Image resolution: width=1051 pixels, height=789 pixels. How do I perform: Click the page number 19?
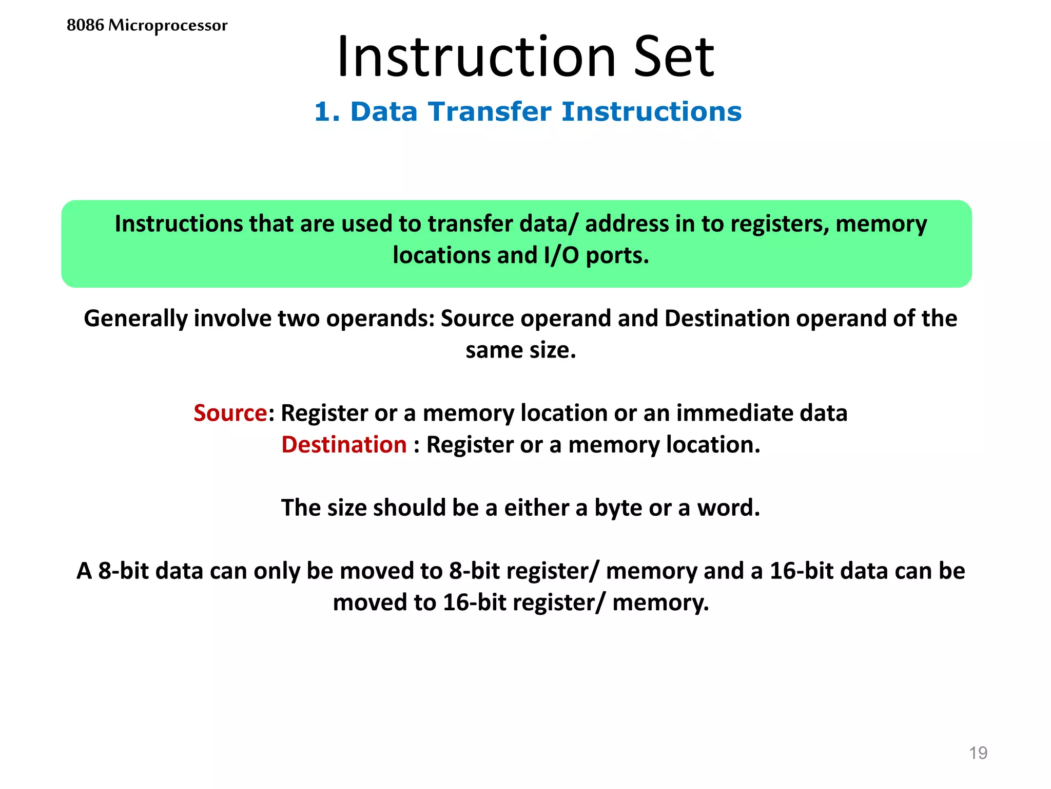(x=978, y=753)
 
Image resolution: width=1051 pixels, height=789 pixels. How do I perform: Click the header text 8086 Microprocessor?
(x=147, y=25)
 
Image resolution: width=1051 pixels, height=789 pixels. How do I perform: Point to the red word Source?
(x=230, y=413)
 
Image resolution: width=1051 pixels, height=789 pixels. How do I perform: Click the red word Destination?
(x=344, y=445)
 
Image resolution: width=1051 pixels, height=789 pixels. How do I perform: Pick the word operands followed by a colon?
(x=380, y=318)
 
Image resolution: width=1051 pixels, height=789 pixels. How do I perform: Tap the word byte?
(x=618, y=508)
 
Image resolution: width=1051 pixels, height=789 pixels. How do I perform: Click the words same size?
(x=520, y=350)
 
